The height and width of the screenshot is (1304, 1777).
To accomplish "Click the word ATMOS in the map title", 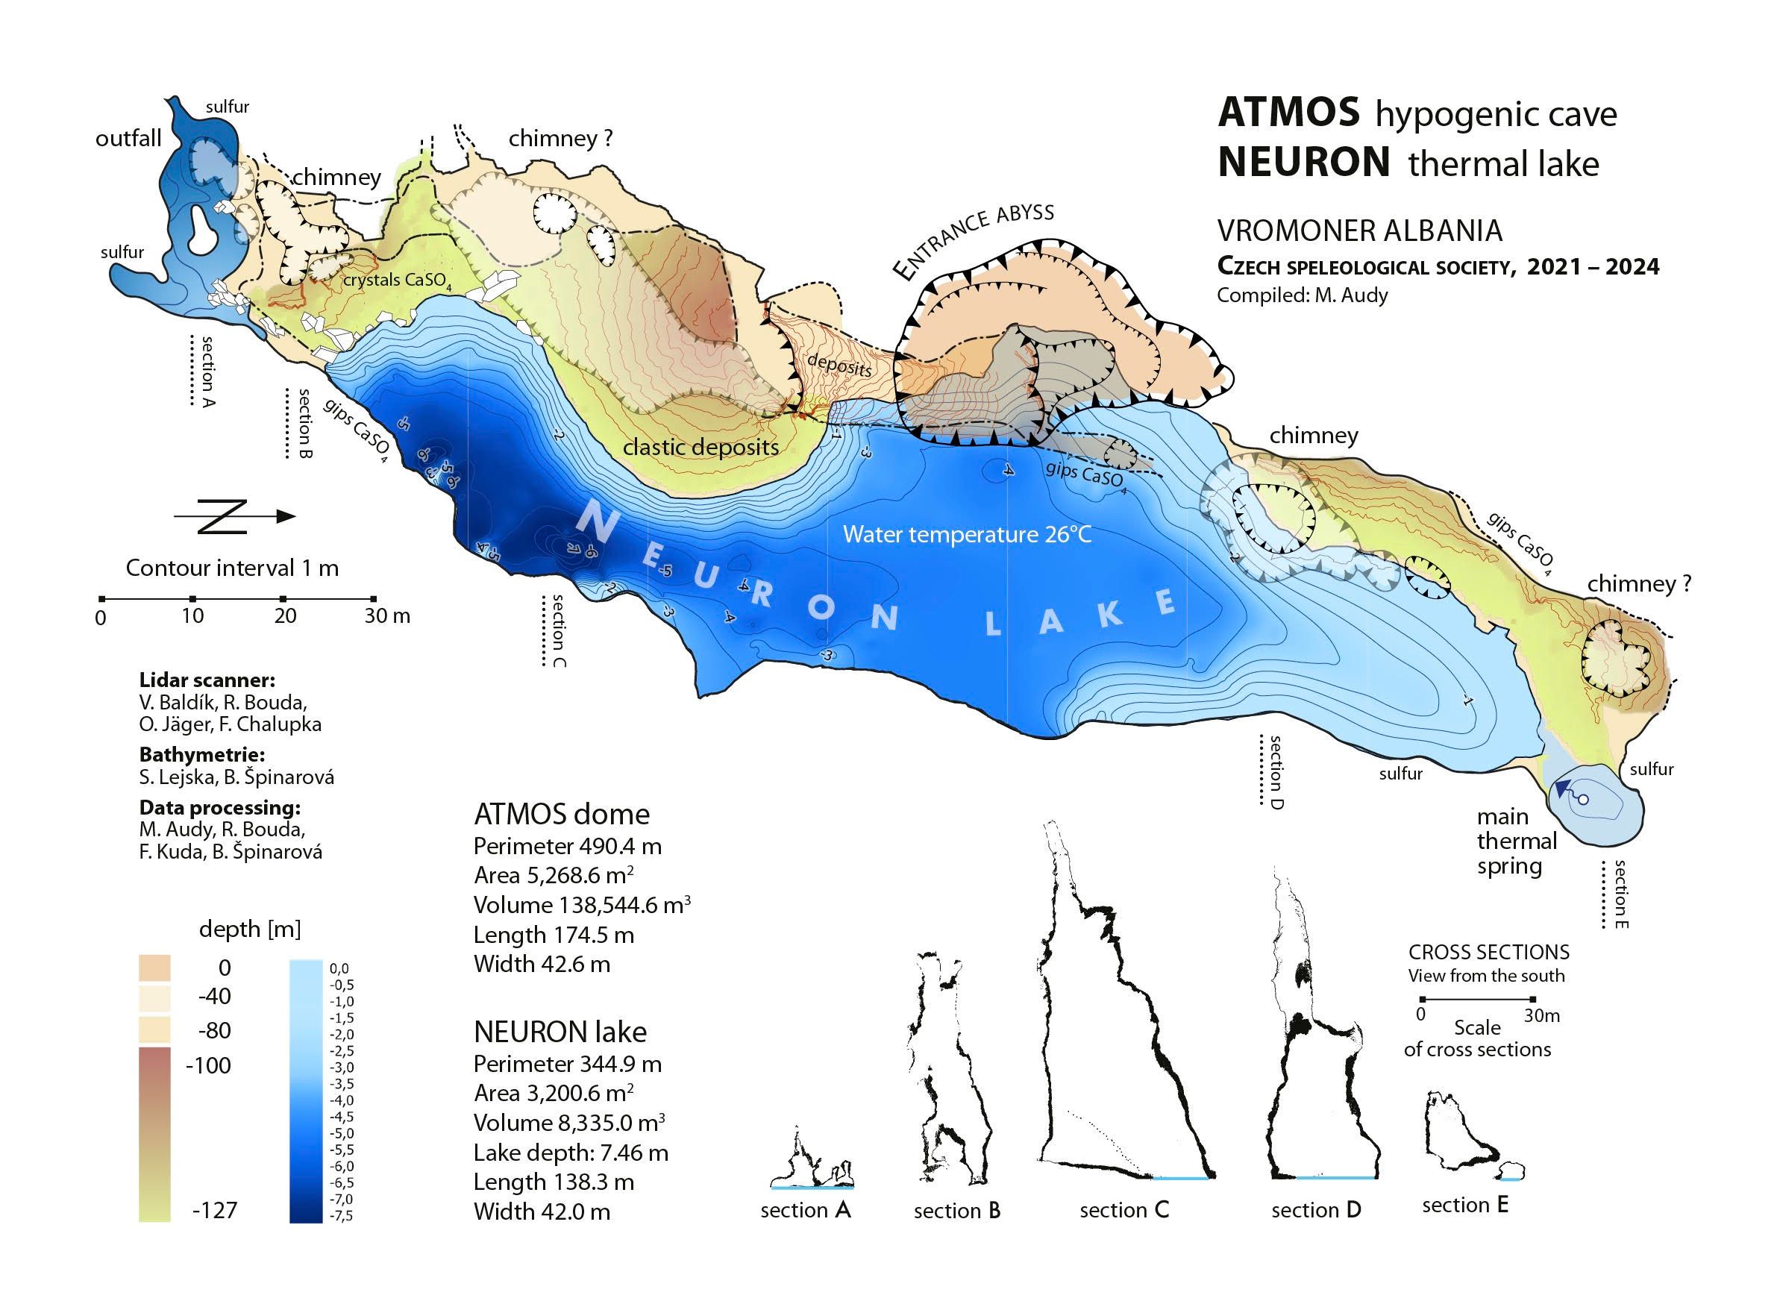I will tap(1288, 113).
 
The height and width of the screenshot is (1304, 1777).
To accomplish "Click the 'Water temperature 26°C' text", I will tap(966, 534).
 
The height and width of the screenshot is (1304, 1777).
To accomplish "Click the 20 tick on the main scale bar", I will tap(284, 600).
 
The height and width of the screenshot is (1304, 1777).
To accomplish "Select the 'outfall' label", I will tap(128, 139).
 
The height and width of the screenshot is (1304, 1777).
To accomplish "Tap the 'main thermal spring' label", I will tap(1515, 841).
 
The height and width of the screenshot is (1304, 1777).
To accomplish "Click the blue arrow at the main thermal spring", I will tap(1561, 788).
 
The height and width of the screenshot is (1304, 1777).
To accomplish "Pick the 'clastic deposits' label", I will tap(701, 447).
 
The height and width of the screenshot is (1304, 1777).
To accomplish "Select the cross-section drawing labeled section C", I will tap(1125, 1026).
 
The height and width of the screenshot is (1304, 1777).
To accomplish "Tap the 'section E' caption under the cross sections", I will tap(1464, 1206).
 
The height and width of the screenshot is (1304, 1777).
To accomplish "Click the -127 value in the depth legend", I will tap(214, 1210).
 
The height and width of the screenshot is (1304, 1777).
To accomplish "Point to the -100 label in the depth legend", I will tap(207, 1065).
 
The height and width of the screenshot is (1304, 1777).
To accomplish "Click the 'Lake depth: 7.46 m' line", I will tap(570, 1153).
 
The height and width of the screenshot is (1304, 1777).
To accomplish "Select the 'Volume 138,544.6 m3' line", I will tap(581, 905).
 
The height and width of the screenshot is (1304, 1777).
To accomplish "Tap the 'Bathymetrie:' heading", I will tap(201, 753).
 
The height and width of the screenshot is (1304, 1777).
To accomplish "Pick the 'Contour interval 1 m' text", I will tap(232, 568).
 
